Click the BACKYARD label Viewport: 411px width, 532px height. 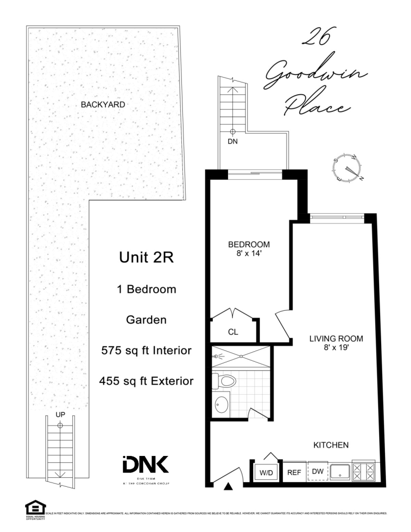point(103,105)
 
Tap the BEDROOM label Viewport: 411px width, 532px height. point(249,245)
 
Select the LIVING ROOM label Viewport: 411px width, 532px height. point(336,338)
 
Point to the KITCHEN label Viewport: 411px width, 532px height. point(330,445)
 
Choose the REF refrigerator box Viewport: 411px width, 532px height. point(294,472)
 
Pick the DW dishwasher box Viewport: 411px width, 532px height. point(317,472)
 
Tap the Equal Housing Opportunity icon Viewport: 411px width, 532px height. point(36,506)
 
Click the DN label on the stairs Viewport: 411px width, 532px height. point(232,142)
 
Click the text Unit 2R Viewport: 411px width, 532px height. point(146,259)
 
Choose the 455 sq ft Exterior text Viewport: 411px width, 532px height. point(146,381)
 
